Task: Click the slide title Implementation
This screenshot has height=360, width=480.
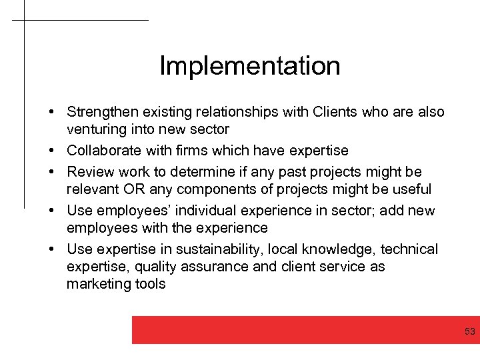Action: pyautogui.click(x=250, y=66)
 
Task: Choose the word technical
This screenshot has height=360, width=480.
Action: pyautogui.click(x=409, y=249)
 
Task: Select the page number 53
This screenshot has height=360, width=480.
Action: pyautogui.click(x=469, y=332)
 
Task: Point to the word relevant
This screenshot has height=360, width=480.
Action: pyautogui.click(x=92, y=189)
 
